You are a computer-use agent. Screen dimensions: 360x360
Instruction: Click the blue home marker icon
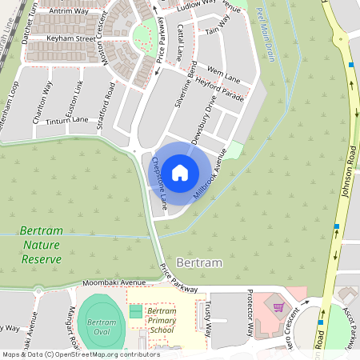(180, 173)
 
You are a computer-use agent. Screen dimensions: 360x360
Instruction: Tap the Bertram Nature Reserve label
(40, 243)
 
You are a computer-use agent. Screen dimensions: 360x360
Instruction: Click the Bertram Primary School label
(162, 320)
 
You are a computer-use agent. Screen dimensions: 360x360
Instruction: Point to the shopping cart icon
(278, 306)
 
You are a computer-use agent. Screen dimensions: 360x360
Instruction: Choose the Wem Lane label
(224, 74)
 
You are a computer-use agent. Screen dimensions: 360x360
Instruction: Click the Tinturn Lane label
(67, 120)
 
